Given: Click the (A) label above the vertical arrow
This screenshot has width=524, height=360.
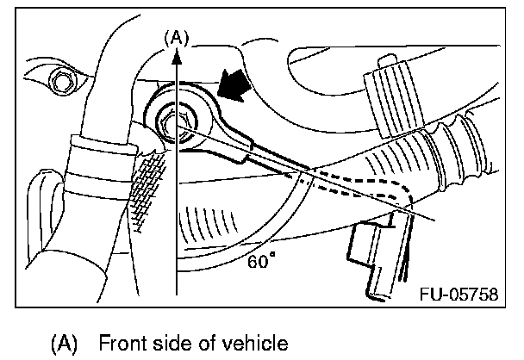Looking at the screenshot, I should click(x=177, y=37).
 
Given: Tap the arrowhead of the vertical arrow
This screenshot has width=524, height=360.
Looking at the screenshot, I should click(x=177, y=53).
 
